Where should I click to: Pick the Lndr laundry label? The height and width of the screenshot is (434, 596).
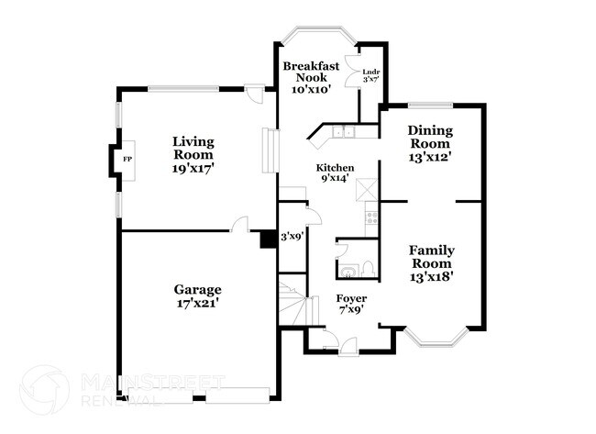tap(371, 71)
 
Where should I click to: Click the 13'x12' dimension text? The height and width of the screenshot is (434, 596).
tap(429, 156)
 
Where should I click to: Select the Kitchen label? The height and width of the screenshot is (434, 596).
tap(335, 168)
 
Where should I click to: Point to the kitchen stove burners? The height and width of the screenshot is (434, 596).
tap(371, 218)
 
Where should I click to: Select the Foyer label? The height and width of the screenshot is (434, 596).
tap(350, 298)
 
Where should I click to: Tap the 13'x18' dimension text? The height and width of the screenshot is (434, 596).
tap(432, 275)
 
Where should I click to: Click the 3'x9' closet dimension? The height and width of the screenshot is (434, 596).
tap(292, 236)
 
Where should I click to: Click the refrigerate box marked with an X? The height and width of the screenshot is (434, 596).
tap(370, 187)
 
